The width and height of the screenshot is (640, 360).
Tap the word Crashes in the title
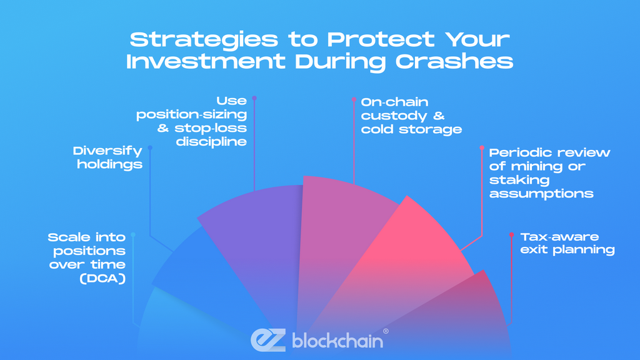pyautogui.click(x=454, y=62)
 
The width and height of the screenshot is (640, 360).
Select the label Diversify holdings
pyautogui.click(x=107, y=157)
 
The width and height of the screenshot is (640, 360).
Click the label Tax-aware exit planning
pyautogui.click(x=567, y=243)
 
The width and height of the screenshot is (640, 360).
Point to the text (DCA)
pyautogui.click(x=102, y=279)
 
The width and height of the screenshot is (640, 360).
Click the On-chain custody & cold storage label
pyautogui.click(x=411, y=116)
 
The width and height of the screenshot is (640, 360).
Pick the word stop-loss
pyautogui.click(x=211, y=128)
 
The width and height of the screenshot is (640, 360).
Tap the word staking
pyautogui.click(x=519, y=180)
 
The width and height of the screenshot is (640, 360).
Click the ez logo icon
pyautogui.click(x=268, y=340)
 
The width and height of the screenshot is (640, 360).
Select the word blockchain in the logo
pyautogui.click(x=337, y=341)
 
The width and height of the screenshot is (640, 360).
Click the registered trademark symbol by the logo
pyautogui.click(x=386, y=331)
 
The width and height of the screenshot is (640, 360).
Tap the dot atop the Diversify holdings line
pyautogui.click(x=150, y=147)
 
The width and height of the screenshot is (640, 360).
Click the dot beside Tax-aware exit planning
pyautogui.click(x=511, y=235)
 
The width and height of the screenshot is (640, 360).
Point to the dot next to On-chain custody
pyautogui.click(x=354, y=99)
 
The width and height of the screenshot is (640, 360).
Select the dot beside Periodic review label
pyautogui.click(x=482, y=147)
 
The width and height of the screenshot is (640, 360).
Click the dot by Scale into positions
pyautogui.click(x=133, y=235)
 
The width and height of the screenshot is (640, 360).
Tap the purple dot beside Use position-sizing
pyautogui.click(x=254, y=98)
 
